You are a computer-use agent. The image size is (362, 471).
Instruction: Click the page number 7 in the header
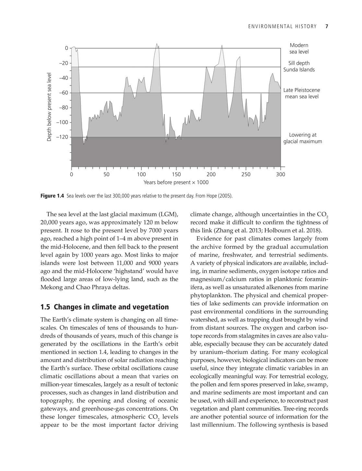click(327, 27)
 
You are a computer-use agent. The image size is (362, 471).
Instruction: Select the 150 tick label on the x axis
click(176, 174)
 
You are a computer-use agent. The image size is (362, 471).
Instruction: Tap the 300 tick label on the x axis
click(281, 174)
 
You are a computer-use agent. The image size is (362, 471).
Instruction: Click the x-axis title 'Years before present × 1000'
click(176, 183)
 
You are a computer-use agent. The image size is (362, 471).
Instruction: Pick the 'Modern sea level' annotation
click(299, 49)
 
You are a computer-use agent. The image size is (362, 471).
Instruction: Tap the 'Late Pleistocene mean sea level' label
click(301, 93)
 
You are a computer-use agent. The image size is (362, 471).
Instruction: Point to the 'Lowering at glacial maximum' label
click(303, 138)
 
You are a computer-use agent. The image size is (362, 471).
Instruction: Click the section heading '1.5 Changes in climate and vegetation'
click(104, 307)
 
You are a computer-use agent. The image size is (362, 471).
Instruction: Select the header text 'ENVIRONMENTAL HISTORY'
click(282, 27)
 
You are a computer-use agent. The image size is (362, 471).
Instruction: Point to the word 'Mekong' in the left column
click(51, 287)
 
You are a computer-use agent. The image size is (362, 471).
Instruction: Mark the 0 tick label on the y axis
click(66, 48)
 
